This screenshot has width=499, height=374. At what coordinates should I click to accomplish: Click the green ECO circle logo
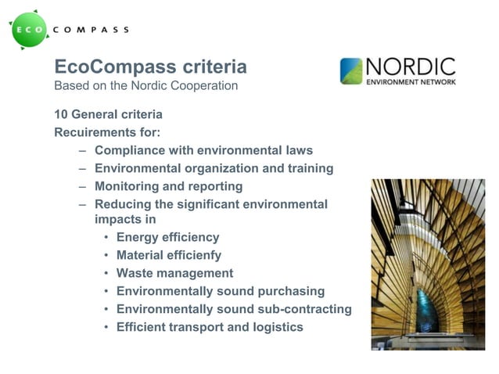click(31, 30)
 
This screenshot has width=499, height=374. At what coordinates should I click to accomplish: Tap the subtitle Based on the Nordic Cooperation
click(145, 85)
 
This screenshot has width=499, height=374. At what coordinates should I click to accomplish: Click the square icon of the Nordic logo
click(351, 70)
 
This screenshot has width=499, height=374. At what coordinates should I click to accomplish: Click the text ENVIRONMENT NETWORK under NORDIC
click(411, 81)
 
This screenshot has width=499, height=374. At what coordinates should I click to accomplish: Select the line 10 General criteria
click(108, 113)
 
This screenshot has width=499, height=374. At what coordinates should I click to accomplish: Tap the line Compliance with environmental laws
click(203, 150)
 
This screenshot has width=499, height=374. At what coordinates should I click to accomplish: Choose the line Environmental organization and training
click(214, 168)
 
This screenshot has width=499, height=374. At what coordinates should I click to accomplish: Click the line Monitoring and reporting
click(168, 186)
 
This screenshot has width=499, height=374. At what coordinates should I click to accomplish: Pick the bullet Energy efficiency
click(167, 237)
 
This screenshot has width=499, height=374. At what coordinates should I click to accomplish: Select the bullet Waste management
click(174, 273)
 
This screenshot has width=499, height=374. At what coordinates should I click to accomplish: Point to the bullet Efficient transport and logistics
click(209, 327)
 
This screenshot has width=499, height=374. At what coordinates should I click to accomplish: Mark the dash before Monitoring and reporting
click(83, 187)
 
